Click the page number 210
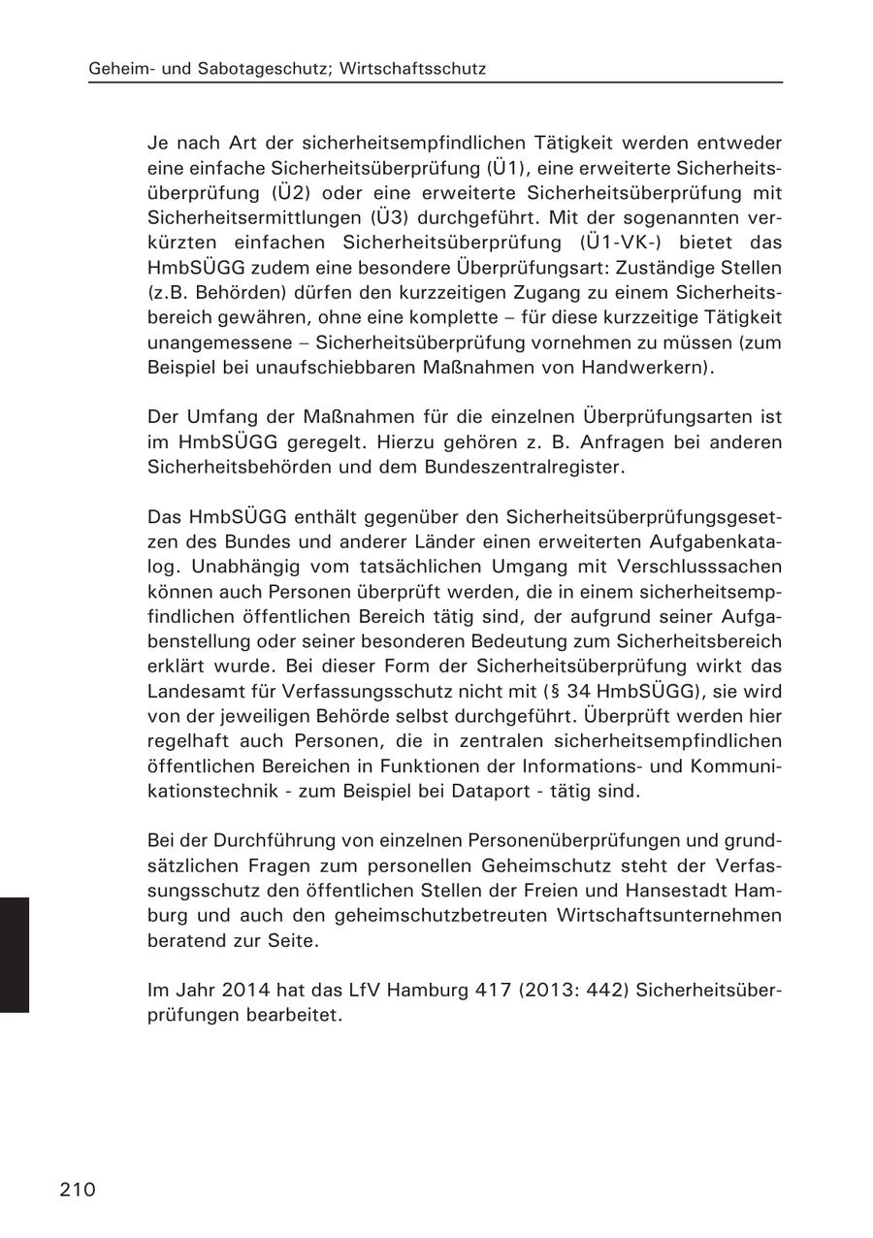78,1189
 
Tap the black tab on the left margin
15,955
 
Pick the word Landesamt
193,691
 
